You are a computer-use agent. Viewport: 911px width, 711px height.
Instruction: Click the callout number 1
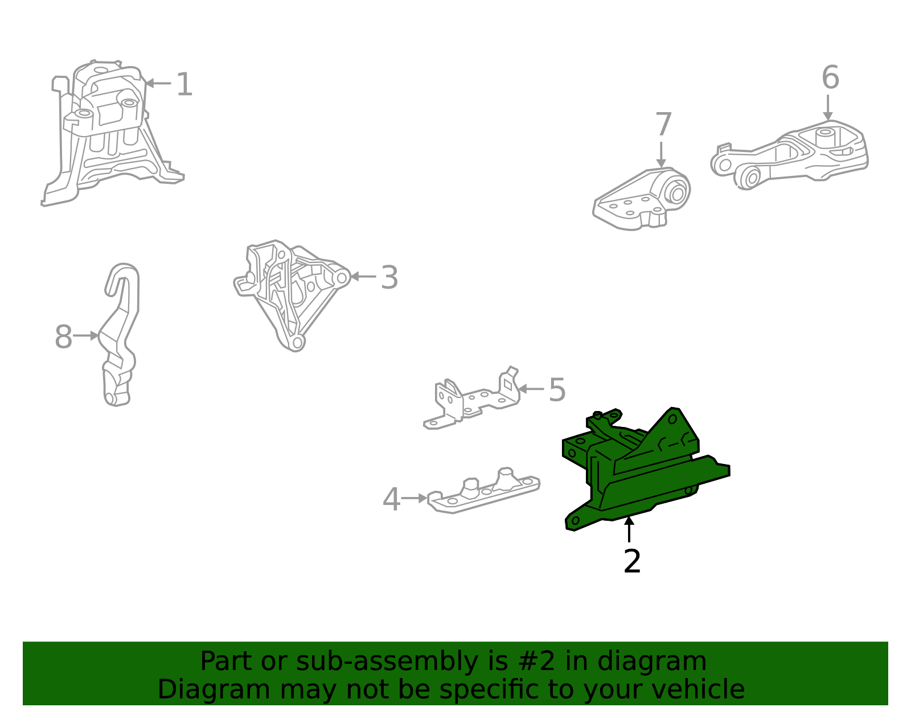coord(184,84)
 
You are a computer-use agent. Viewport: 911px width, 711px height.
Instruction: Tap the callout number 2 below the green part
coord(632,561)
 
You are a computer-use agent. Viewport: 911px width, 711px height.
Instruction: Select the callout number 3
coord(389,277)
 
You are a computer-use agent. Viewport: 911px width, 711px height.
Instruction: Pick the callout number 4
coord(391,499)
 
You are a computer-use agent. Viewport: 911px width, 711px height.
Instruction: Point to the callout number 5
coord(557,390)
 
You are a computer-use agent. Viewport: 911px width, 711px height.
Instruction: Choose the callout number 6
coord(831,77)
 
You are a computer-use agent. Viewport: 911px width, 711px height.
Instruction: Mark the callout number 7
coord(664,125)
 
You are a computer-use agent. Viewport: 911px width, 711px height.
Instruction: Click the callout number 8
coord(63,336)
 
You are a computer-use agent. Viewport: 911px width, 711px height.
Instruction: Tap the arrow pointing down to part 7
coord(661,155)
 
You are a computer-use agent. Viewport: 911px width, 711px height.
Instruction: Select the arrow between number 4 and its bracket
coord(414,499)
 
